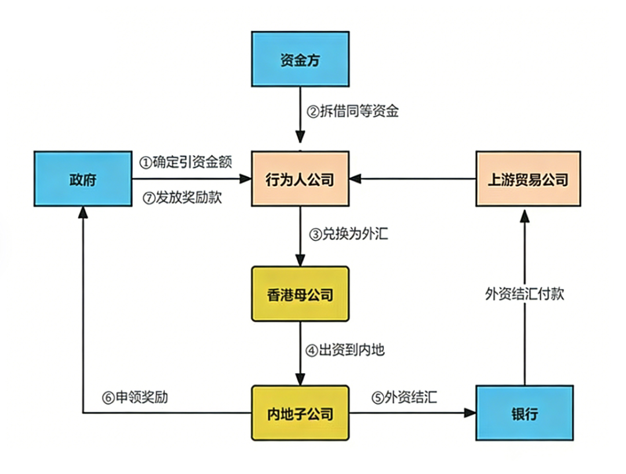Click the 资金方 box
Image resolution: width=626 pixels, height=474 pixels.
point(300,59)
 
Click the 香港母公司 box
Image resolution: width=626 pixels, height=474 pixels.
point(300,294)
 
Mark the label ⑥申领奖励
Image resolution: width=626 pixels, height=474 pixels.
point(135,398)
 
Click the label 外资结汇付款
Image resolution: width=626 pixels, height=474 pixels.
point(525,294)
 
